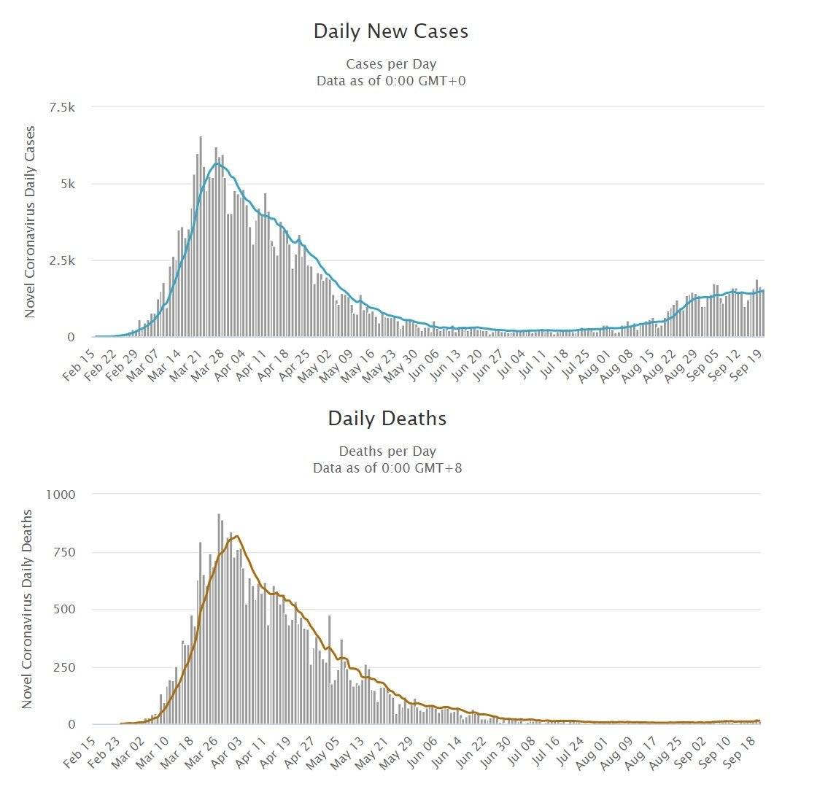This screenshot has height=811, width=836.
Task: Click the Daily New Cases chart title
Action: coord(390,31)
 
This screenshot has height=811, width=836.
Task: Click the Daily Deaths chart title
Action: coord(387,419)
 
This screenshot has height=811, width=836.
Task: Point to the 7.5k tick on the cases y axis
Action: coord(61,107)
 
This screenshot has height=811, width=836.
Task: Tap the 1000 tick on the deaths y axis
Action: coord(61,494)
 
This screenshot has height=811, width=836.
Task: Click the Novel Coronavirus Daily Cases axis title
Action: coord(30,222)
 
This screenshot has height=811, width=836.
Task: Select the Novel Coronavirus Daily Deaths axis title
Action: coord(27,609)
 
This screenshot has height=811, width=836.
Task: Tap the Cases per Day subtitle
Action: coord(391,64)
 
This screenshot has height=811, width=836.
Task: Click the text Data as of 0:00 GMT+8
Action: coord(387,467)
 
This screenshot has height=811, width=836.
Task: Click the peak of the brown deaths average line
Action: coord(236,537)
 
